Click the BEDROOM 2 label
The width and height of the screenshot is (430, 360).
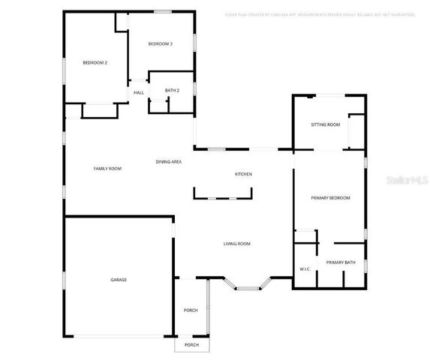[95, 62]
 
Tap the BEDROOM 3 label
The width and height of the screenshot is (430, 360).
[160, 44]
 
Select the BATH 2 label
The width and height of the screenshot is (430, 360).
[172, 90]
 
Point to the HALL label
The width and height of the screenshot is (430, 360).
[139, 92]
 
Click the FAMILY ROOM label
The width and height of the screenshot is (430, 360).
[107, 168]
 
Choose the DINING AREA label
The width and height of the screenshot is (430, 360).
[169, 161]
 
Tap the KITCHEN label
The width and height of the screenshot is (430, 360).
[243, 174]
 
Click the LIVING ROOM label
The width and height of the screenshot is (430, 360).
[236, 244]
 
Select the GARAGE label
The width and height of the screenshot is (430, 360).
[119, 280]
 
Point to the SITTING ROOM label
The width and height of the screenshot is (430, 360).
[326, 124]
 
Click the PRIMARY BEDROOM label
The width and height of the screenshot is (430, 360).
[330, 197]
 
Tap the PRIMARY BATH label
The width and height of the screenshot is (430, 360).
[340, 262]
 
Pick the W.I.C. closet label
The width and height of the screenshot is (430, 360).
[305, 268]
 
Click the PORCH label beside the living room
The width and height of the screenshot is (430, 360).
[191, 310]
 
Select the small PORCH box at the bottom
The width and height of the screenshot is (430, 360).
[191, 345]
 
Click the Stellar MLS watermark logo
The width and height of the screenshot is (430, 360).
[404, 181]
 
